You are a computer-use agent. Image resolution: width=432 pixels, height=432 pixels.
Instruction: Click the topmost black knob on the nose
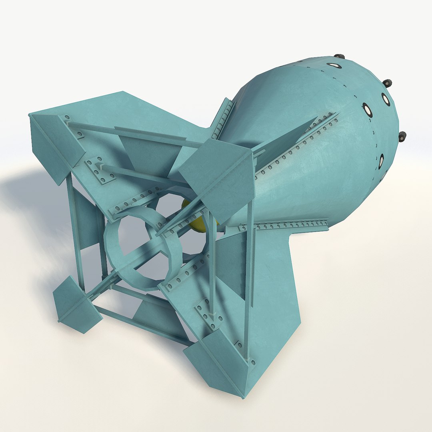tap(339, 56)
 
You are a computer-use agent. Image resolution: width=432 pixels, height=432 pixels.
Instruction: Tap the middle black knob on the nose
tap(387, 83)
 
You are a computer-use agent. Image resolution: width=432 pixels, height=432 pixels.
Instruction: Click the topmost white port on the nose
tap(333, 65)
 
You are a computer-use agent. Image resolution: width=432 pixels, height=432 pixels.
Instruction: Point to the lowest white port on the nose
tap(381, 160)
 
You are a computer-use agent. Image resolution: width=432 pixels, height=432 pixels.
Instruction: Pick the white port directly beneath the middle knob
tap(386, 99)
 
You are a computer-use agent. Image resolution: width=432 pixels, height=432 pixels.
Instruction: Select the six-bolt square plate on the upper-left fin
tap(100, 170)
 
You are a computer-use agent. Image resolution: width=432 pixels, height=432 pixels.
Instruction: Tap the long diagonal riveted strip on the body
tap(296, 148)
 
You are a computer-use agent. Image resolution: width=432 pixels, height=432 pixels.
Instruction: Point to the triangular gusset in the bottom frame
tap(156, 316)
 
